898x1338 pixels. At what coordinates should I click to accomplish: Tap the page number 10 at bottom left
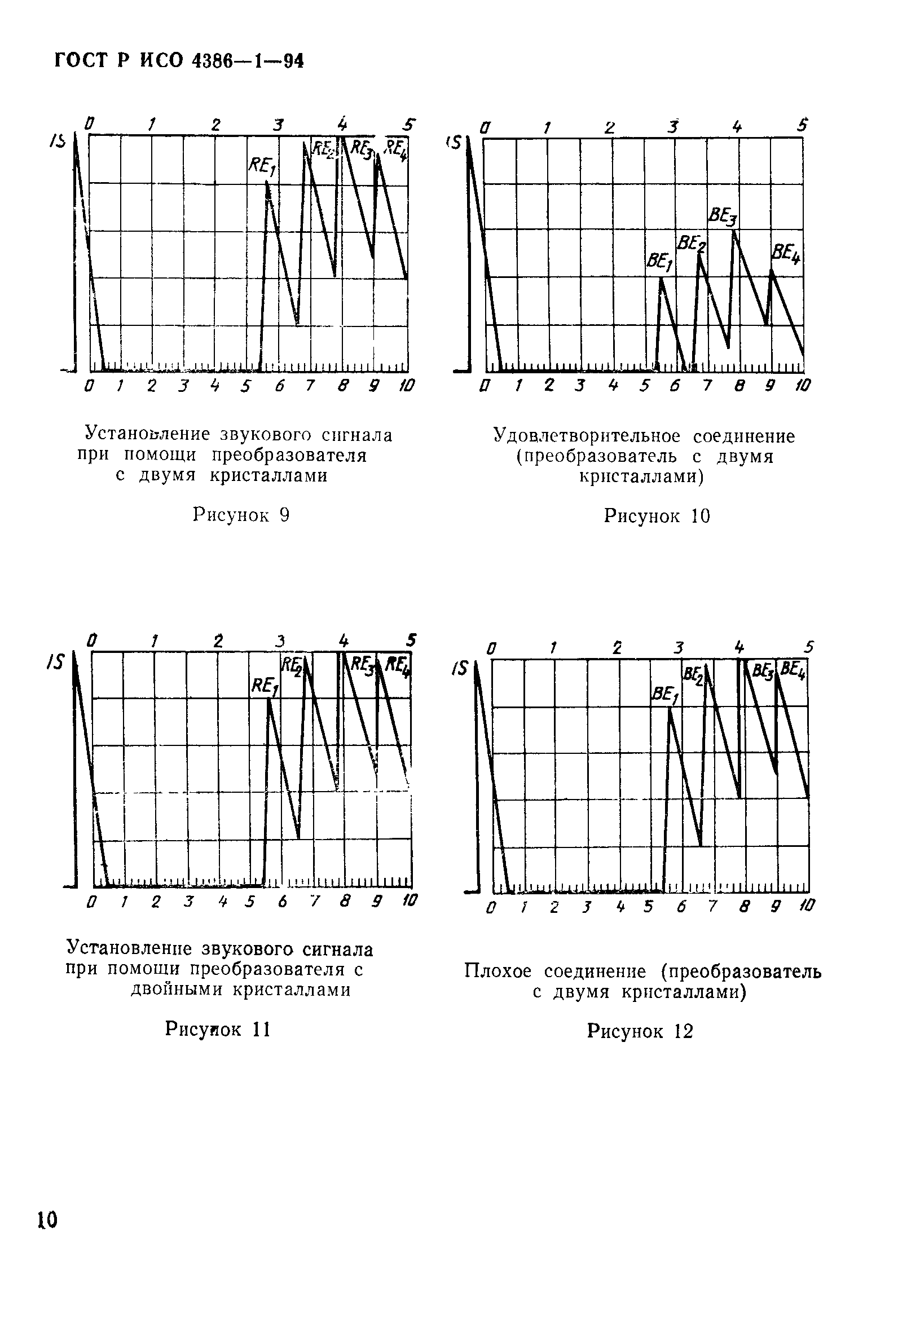[x=47, y=1220]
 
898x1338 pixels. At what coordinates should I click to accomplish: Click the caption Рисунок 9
[x=241, y=515]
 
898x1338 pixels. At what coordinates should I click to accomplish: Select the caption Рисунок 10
[x=657, y=516]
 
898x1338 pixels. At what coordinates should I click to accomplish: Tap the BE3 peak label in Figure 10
[x=723, y=216]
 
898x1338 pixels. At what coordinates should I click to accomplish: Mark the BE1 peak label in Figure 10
[x=659, y=262]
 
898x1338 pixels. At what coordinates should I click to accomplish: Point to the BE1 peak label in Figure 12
[x=665, y=695]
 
